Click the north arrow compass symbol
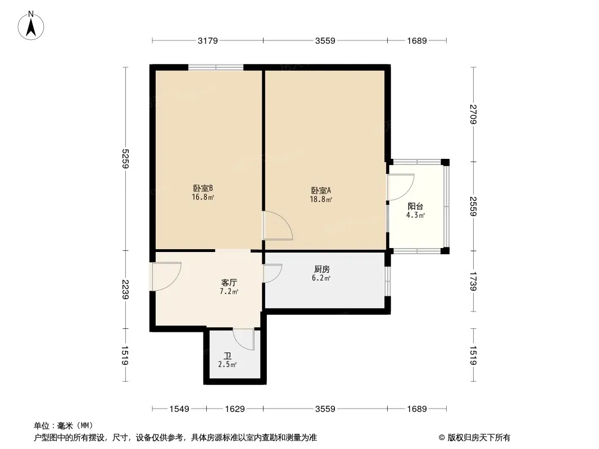[x=31, y=26]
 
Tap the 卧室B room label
[x=202, y=189]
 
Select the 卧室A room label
[x=321, y=190]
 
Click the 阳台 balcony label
[x=415, y=207]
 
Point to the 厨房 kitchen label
[x=321, y=269]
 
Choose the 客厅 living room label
[x=229, y=283]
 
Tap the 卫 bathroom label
[x=228, y=356]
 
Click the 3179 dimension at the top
[x=207, y=40]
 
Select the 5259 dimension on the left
[x=126, y=159]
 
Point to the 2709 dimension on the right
[x=473, y=114]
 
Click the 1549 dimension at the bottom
[x=179, y=409]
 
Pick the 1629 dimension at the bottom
[x=234, y=409]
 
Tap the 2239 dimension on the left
[x=126, y=290]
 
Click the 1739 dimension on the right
[x=473, y=281]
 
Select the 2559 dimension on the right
[x=473, y=207]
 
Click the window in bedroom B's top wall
[x=216, y=67]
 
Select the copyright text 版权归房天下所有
[x=479, y=438]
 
